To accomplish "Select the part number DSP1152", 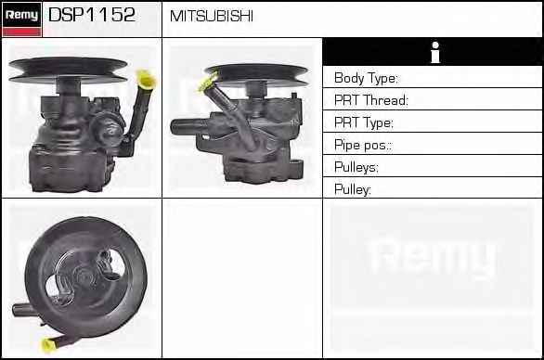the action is point(92,15).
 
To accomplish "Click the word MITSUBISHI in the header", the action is point(212,16).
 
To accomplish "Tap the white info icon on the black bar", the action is point(435,52).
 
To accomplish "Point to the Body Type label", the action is point(366,78).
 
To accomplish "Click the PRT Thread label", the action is point(371,100).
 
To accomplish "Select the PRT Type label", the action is point(364,122).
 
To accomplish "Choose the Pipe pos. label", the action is point(363,145).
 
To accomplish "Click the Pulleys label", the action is point(356,167).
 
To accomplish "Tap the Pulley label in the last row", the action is point(353,189).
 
